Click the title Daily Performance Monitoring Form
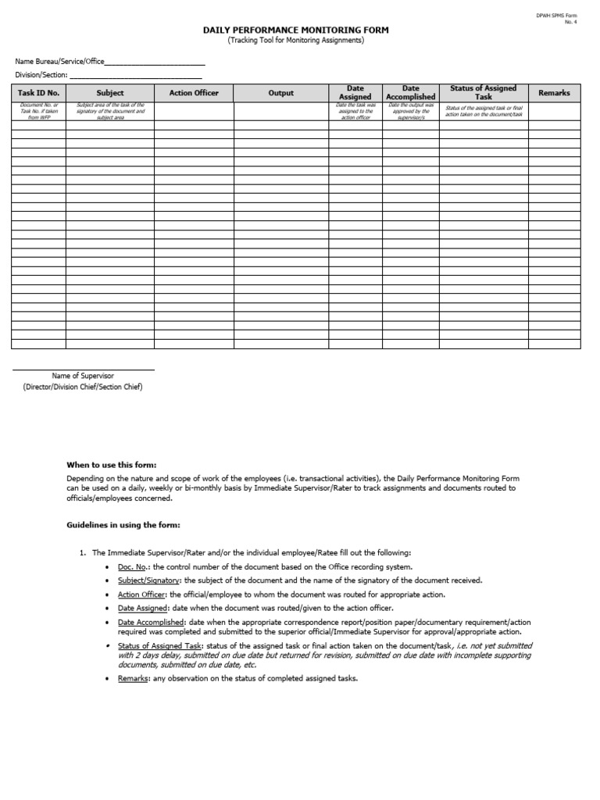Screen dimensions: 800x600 [x=295, y=30]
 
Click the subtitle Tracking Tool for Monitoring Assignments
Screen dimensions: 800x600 [x=295, y=41]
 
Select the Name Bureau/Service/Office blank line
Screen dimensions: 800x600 [x=154, y=62]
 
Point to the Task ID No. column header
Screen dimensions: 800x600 [x=38, y=93]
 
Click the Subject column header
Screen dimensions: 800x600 [x=109, y=93]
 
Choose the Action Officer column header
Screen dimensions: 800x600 [x=194, y=93]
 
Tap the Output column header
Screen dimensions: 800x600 [x=280, y=93]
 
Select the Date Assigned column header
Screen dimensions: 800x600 [x=355, y=93]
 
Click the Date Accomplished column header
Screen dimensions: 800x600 [x=410, y=93]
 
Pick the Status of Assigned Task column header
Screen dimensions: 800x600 [x=483, y=93]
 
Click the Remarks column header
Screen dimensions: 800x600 [x=554, y=93]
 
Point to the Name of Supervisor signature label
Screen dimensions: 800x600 [x=83, y=376]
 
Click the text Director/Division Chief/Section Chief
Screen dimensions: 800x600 [x=83, y=387]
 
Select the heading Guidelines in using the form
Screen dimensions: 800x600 [x=123, y=525]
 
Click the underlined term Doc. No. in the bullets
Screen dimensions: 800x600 [x=132, y=566]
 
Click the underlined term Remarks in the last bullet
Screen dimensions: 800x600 [x=132, y=679]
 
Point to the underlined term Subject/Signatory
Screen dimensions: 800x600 [x=148, y=580]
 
